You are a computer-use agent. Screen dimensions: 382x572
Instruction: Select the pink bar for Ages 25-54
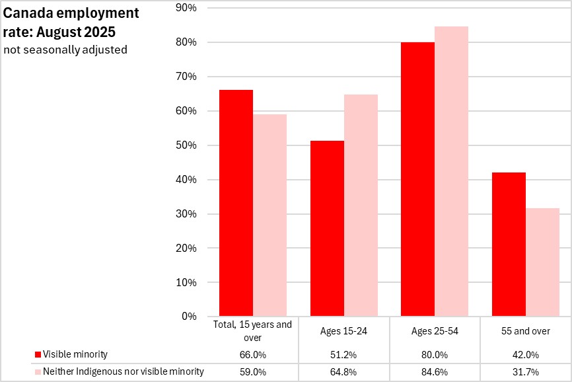point(451,172)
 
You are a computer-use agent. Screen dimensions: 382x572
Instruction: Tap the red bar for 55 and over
point(509,245)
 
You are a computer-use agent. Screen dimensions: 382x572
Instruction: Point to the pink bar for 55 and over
point(542,262)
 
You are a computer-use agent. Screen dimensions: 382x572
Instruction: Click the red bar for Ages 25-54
point(418,179)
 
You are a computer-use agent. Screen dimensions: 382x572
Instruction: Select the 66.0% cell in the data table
point(253,354)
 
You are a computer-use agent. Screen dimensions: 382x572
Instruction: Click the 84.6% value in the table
point(435,372)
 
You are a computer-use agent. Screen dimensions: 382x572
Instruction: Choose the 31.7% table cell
point(526,372)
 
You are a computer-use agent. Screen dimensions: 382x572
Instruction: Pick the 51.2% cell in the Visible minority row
point(343,354)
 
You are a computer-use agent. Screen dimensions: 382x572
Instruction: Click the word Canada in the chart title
point(26,13)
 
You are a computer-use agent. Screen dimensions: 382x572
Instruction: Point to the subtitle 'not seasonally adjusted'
point(65,50)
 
